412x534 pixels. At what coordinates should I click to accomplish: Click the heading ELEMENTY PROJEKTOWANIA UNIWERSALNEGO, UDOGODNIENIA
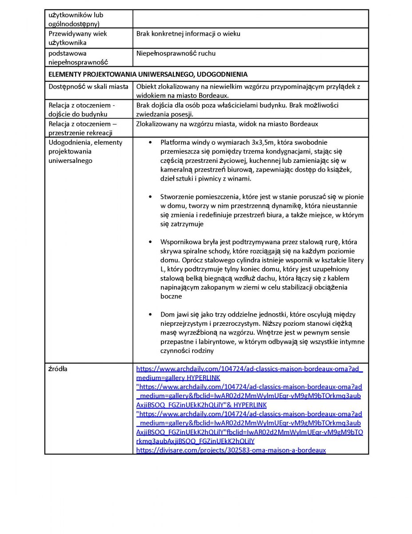pyautogui.click(x=148, y=74)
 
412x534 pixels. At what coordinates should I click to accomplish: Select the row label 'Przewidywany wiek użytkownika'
pyautogui.click(x=78, y=38)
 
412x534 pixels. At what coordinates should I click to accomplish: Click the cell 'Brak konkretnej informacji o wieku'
pyautogui.click(x=188, y=34)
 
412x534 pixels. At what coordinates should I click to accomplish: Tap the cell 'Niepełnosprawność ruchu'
pyautogui.click(x=176, y=53)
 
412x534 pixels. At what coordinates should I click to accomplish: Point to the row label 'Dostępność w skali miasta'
pyautogui.click(x=88, y=86)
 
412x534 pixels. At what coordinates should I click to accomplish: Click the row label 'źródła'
pyautogui.click(x=58, y=369)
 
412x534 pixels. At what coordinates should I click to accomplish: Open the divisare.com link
pyautogui.click(x=231, y=450)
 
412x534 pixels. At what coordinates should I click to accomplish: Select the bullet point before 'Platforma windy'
pyautogui.click(x=150, y=142)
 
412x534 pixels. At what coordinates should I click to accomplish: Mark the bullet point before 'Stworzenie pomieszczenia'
pyautogui.click(x=150, y=197)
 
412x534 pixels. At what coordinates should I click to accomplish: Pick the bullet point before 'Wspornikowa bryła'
pyautogui.click(x=150, y=242)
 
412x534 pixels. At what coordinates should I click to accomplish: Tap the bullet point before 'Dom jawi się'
pyautogui.click(x=150, y=314)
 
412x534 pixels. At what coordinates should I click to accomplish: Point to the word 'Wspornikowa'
pyautogui.click(x=180, y=242)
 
